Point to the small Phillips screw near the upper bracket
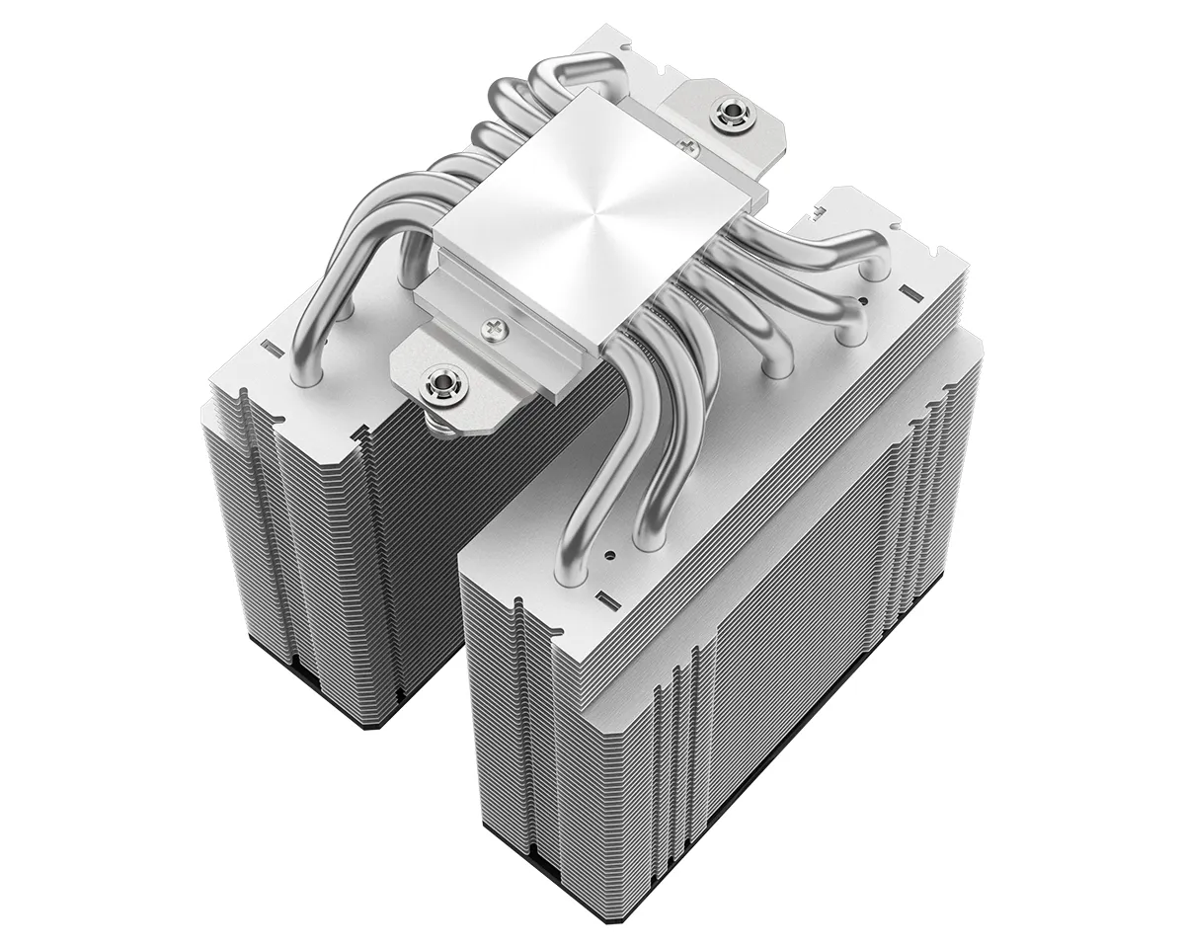coord(691,147)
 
